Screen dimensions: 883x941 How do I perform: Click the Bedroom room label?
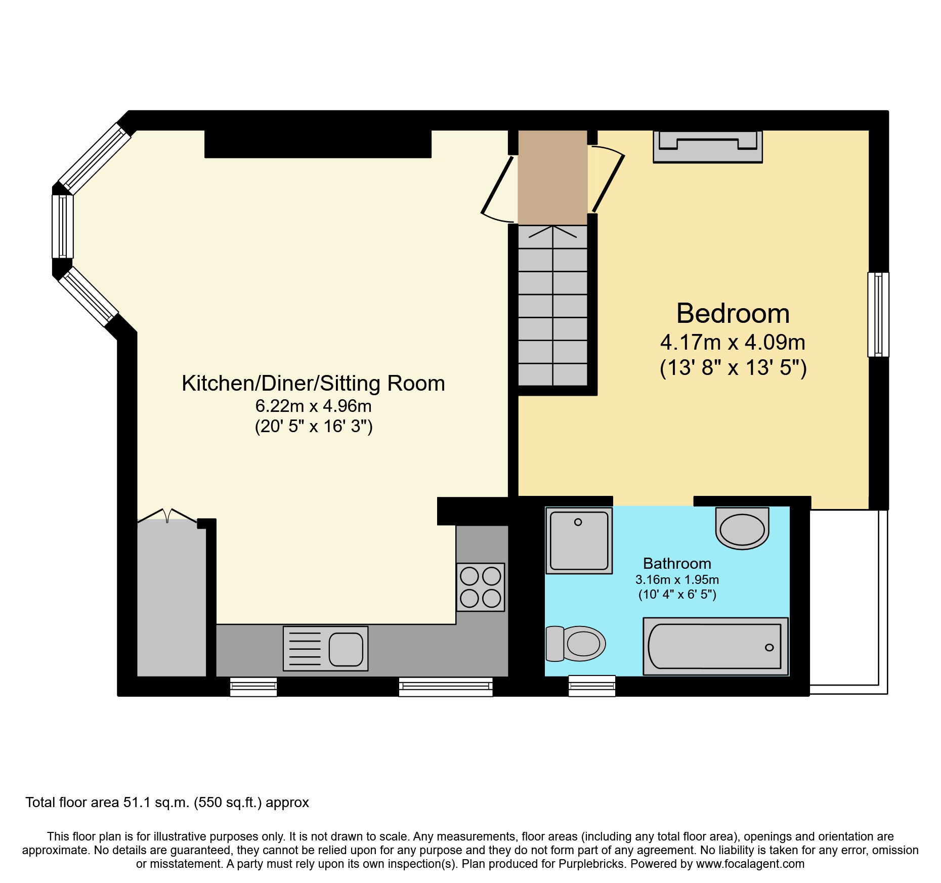pyautogui.click(x=733, y=313)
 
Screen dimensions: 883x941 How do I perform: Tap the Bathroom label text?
pyautogui.click(x=677, y=563)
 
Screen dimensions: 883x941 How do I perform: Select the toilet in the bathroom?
pyautogui.click(x=577, y=644)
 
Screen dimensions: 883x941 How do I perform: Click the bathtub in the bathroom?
pyautogui.click(x=715, y=646)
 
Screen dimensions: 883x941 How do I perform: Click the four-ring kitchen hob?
pyautogui.click(x=480, y=587)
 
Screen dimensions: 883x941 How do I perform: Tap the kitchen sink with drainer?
pyautogui.click(x=325, y=649)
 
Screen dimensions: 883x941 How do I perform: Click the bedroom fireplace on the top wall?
pyautogui.click(x=707, y=147)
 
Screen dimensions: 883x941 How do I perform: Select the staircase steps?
pyautogui.click(x=552, y=306)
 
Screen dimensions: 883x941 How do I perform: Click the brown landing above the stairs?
pyautogui.click(x=552, y=177)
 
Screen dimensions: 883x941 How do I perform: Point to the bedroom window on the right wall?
pyautogui.click(x=878, y=314)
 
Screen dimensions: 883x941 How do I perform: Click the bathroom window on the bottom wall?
pyautogui.click(x=591, y=686)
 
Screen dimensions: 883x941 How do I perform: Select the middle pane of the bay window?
pyautogui.click(x=63, y=226)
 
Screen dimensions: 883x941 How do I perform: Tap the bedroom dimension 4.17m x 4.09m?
pyautogui.click(x=733, y=343)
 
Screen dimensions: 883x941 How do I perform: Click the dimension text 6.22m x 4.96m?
pyautogui.click(x=313, y=406)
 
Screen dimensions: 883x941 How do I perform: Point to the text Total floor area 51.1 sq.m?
pyautogui.click(x=167, y=803)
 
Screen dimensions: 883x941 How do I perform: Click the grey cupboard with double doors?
pyautogui.click(x=171, y=597)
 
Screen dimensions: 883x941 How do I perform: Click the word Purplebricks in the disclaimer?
pyautogui.click(x=591, y=864)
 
